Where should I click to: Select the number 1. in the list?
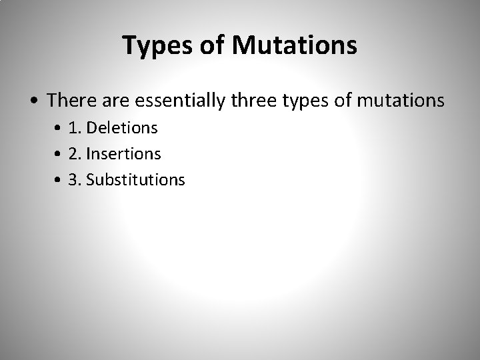(75, 127)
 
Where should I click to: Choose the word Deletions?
(122, 127)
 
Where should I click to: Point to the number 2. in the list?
(75, 153)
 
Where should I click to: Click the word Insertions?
(124, 153)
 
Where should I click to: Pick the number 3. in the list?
(75, 179)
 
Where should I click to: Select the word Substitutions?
(136, 179)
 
